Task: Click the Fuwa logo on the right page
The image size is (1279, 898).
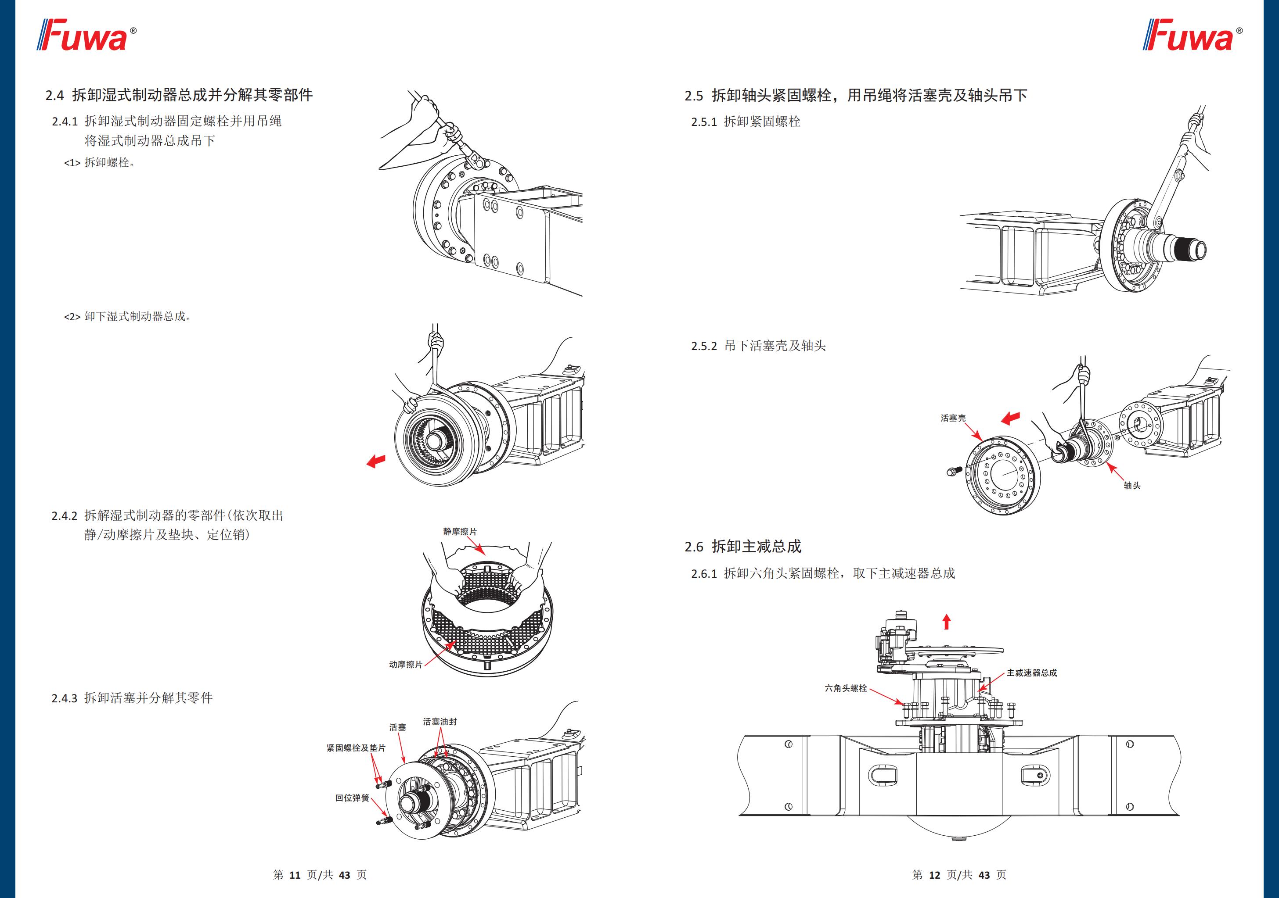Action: click(x=1192, y=35)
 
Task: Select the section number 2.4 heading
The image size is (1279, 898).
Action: click(x=54, y=95)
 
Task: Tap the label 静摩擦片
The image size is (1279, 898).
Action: click(x=460, y=532)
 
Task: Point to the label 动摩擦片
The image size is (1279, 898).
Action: click(x=406, y=664)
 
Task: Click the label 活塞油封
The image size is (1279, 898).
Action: click(x=440, y=722)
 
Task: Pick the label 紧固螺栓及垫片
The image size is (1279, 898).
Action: click(x=355, y=748)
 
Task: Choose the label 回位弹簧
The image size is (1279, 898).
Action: click(x=352, y=798)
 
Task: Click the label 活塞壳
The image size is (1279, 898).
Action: click(x=953, y=418)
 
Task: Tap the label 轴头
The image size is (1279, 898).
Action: click(x=1132, y=486)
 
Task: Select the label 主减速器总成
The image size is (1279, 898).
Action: click(x=1032, y=673)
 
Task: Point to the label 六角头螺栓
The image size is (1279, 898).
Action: click(x=846, y=688)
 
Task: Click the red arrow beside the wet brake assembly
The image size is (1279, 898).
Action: click(x=376, y=461)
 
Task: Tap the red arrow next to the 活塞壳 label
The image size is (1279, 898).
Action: click(x=1010, y=418)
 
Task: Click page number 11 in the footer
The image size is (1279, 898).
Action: click(x=295, y=875)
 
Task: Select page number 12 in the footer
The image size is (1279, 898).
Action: click(x=934, y=875)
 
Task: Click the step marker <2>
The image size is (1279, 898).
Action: click(x=72, y=317)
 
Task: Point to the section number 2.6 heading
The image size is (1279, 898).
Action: click(x=694, y=547)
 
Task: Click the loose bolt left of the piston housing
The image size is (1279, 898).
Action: click(x=954, y=471)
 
